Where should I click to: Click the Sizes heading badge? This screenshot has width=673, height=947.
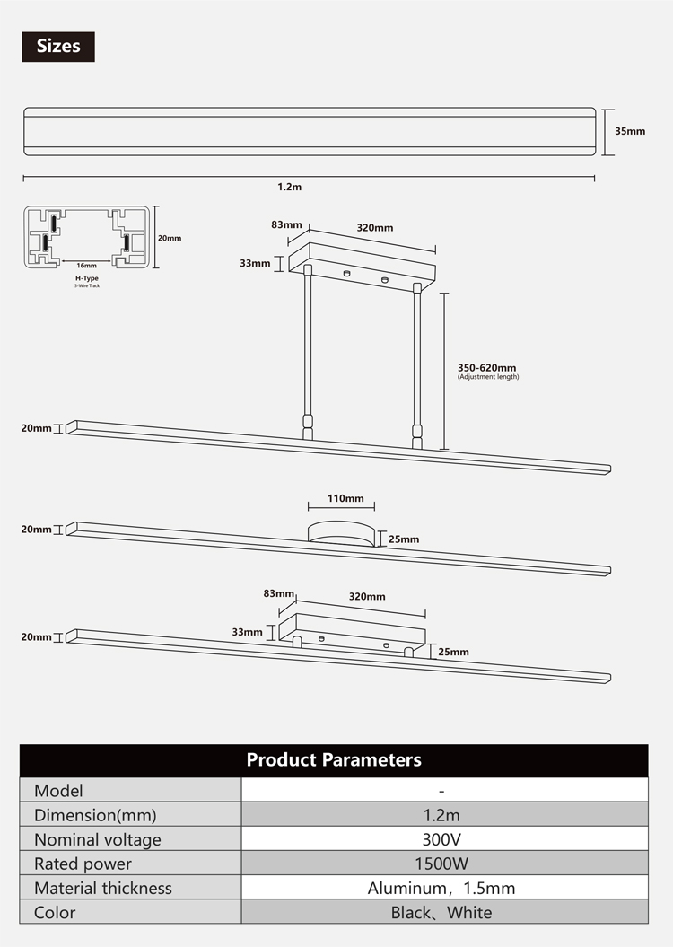click(58, 47)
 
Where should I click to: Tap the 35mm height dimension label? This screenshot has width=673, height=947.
click(630, 131)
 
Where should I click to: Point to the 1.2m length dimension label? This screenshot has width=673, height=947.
click(289, 187)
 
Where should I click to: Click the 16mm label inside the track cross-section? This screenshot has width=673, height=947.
click(86, 265)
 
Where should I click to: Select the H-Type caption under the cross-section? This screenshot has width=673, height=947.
click(87, 278)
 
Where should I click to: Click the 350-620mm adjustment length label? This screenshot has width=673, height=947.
click(486, 367)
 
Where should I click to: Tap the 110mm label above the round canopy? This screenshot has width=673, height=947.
click(345, 498)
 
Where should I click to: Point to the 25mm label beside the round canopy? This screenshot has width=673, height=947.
click(404, 539)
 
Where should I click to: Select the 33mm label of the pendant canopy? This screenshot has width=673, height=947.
click(255, 263)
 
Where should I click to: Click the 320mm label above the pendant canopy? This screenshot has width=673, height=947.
click(375, 228)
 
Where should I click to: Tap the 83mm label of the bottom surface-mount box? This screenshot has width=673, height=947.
click(278, 593)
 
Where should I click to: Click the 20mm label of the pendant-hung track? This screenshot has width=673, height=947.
click(36, 428)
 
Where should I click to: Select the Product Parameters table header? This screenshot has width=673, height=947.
click(334, 759)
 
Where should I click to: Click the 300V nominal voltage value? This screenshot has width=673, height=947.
click(441, 839)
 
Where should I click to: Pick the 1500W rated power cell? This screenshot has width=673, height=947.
click(441, 863)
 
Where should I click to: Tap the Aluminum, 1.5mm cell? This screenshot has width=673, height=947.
click(441, 888)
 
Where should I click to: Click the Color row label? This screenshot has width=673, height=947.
click(55, 912)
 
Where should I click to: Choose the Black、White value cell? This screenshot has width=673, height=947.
click(441, 912)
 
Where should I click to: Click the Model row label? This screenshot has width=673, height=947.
click(58, 791)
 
